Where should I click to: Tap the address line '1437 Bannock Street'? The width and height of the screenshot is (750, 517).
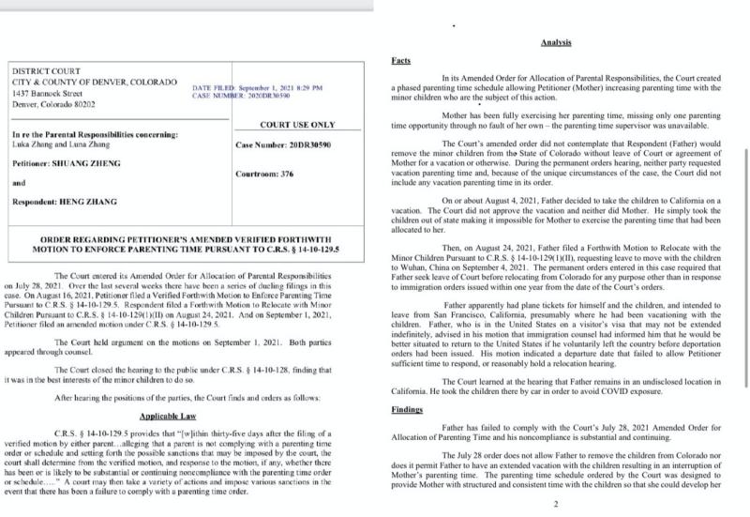51,93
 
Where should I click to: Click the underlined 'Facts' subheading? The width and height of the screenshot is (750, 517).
399,60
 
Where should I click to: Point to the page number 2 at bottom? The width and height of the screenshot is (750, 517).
556,503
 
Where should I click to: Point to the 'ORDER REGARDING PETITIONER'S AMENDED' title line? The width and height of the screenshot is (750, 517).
180,240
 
